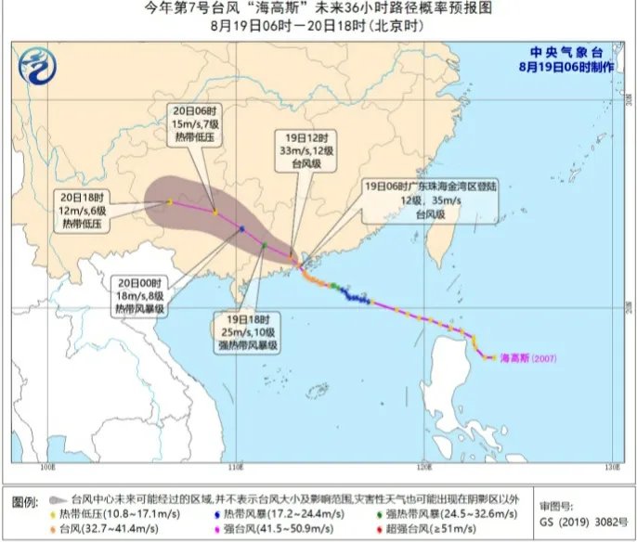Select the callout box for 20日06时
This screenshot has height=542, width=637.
(x=194, y=124)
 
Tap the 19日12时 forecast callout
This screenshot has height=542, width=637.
(x=301, y=150)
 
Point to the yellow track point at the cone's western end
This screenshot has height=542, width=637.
(x=169, y=201)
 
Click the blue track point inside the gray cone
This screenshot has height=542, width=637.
(x=241, y=228)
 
